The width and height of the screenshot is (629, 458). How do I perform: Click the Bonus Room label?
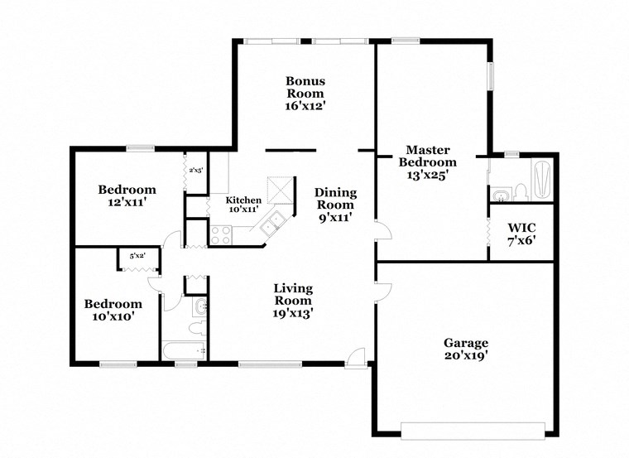pos(305,94)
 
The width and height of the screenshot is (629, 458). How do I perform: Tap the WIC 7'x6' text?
pos(521,232)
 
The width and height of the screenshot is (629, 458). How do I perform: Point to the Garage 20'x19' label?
pos(465,349)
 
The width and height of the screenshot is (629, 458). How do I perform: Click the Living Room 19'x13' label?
pos(293,301)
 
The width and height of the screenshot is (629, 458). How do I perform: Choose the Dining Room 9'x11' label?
pos(334,205)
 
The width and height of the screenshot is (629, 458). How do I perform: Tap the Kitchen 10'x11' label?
pos(244,205)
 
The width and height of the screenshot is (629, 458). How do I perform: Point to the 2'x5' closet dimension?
pos(196,170)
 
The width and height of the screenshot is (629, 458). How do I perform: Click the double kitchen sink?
pos(271,224)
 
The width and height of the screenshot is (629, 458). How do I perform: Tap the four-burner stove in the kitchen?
pos(220,234)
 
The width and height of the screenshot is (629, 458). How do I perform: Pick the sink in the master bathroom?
pos(500,195)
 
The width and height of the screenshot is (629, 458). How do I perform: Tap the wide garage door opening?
pos(473,429)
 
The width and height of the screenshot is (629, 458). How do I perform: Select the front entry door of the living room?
pos(355,357)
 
